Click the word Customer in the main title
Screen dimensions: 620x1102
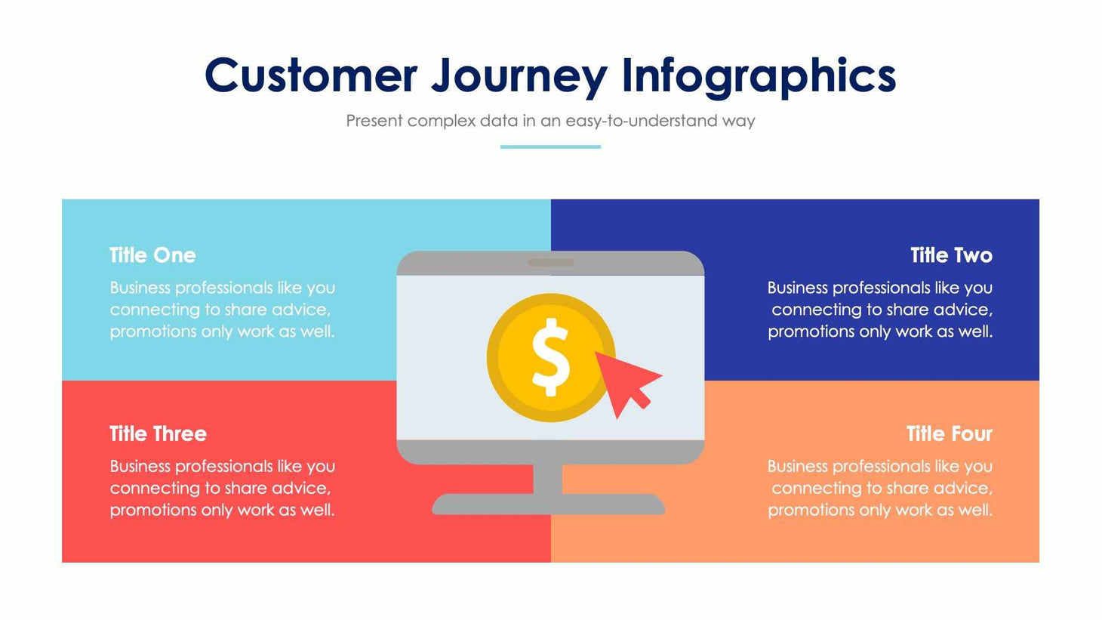[310, 76]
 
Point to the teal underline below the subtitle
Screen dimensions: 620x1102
[550, 147]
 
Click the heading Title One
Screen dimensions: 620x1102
[152, 255]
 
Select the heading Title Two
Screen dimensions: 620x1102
[951, 255]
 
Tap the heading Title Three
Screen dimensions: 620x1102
[158, 433]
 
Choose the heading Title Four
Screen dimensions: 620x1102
[949, 433]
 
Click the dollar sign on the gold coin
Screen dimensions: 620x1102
[550, 356]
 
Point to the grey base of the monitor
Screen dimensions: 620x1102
[548, 504]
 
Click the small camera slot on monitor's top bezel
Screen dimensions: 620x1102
[550, 263]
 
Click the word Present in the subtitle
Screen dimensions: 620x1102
[374, 121]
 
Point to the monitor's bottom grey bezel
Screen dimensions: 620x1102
[550, 452]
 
